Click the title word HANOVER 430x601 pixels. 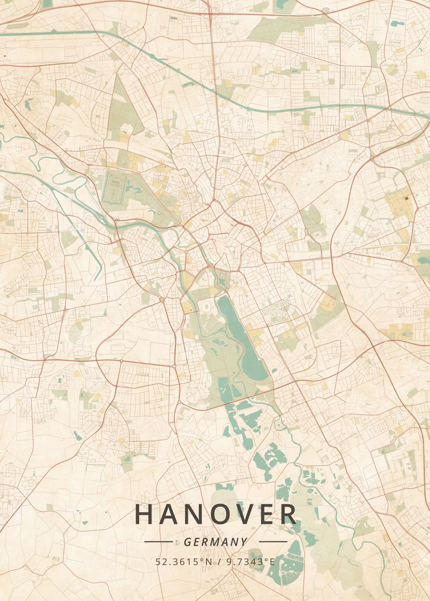pos(216,514)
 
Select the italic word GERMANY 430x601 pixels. pos(216,542)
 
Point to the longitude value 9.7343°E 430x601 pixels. pos(250,561)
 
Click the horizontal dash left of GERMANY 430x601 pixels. pos(158,542)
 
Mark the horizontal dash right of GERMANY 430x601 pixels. pos(273,542)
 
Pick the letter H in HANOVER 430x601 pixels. pos(143,514)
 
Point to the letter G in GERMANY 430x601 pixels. pos(188,542)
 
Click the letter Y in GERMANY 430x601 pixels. pos(244,542)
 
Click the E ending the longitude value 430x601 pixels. pos(272,561)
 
